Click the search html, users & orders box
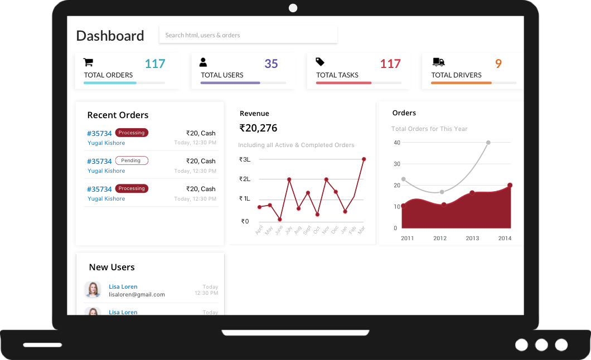pos(248,35)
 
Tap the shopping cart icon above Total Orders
pos(88,62)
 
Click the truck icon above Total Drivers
pos(438,62)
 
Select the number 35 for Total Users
pos(271,64)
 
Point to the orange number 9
pos(498,64)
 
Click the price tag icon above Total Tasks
pos(320,62)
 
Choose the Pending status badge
pos(132,160)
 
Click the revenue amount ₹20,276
pos(258,128)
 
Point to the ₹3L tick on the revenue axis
pos(245,159)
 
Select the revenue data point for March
pos(364,159)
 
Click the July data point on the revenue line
pos(289,179)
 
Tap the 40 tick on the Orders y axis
pos(397,143)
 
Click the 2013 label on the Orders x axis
pos(472,238)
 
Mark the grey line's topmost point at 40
pos(488,143)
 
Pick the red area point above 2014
pos(510,186)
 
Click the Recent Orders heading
pos(118,115)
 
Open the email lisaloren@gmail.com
pos(137,294)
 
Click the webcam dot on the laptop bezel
pos(293,8)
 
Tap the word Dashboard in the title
pos(110,36)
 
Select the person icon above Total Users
pos(204,62)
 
